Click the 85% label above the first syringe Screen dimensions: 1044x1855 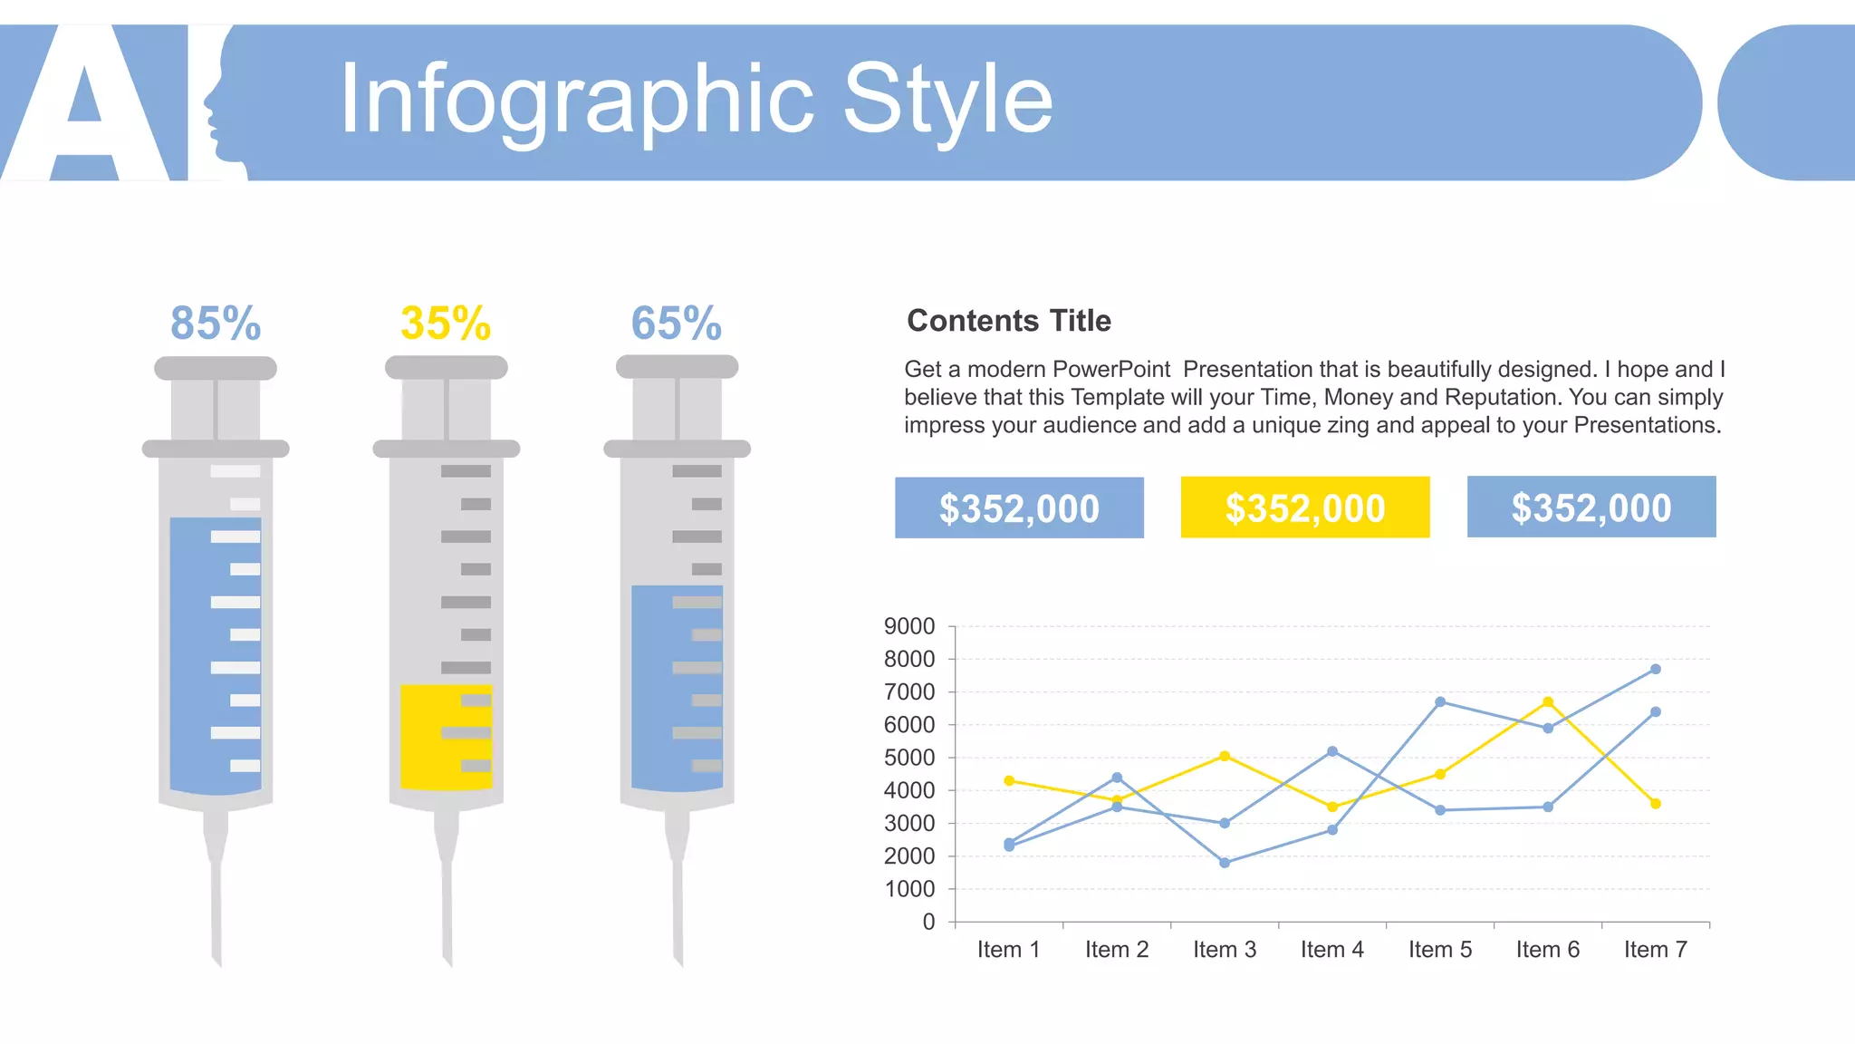coord(216,324)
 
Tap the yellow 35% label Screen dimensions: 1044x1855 coord(446,324)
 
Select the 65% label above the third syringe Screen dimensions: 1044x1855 coord(677,324)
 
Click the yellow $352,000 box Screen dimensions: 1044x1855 coord(1304,507)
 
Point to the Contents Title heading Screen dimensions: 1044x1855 coord(1008,321)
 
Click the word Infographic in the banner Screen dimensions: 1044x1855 coord(576,100)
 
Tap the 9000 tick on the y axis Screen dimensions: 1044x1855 coord(909,626)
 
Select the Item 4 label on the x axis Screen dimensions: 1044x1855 coord(1331,950)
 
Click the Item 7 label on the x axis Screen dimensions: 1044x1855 coord(1655,950)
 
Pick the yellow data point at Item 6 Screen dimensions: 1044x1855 coord(1548,702)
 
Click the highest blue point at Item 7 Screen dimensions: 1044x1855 coord(1656,669)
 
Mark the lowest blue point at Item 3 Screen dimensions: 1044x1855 coord(1225,863)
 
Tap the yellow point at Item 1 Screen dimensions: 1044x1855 coord(1009,780)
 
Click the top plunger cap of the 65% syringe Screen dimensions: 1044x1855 coord(677,367)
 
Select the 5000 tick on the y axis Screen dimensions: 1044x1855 coord(909,758)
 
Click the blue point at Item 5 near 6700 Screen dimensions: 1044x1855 coord(1440,701)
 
